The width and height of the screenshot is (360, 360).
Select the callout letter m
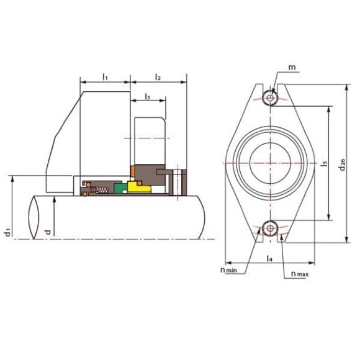(293, 66)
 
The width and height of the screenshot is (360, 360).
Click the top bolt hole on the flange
(270, 97)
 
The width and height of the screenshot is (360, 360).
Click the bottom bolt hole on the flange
(270, 228)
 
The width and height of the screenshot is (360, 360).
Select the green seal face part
(120, 188)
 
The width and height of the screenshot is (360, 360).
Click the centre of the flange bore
(270, 163)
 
